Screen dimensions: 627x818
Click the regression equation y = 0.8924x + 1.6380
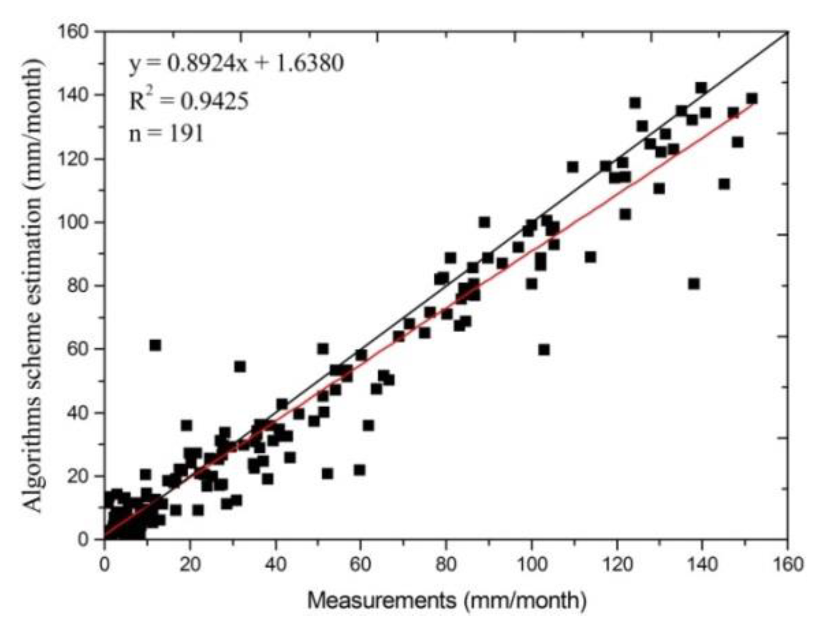pyautogui.click(x=236, y=64)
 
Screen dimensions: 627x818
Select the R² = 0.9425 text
pyautogui.click(x=189, y=101)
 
